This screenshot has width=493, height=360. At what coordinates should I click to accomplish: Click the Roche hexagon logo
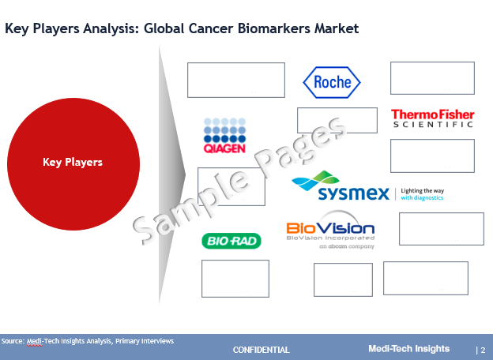pos(332,82)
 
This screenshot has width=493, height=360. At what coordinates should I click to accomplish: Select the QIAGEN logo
pos(224,135)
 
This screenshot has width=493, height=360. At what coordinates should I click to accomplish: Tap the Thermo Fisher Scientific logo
pos(433,118)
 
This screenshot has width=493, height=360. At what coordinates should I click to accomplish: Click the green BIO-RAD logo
pos(231,241)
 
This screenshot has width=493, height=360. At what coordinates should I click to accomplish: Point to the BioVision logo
pos(330,230)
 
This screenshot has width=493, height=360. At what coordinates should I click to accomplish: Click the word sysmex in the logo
pos(354,193)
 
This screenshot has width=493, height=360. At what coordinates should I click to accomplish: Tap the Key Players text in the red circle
pos(73,162)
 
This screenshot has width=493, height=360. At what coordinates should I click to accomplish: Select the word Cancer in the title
pos(211,28)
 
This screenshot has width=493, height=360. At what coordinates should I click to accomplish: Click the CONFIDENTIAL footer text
pos(262,350)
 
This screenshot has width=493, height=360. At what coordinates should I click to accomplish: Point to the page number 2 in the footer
pos(483,350)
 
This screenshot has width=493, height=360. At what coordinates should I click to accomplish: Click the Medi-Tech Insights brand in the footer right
pos(409,349)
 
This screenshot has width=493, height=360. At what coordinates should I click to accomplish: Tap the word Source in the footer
pos(12,341)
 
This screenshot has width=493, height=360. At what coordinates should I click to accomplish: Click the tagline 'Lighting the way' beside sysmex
pos(422,191)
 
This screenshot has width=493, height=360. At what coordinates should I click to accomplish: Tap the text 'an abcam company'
pos(347,246)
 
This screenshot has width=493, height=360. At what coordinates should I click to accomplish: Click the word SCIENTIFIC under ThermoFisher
pos(433,125)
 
